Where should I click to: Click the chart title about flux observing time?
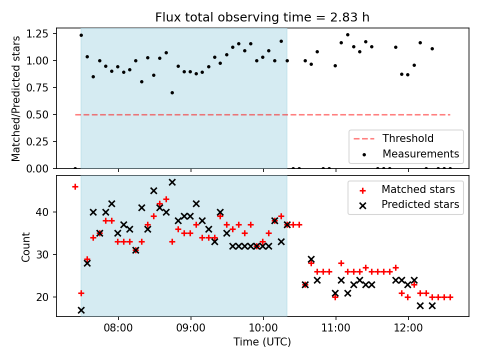pyautogui.click(x=262, y=17)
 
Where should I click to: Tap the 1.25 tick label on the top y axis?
pyautogui.click(x=37, y=33)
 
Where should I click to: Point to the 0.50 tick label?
pyautogui.click(x=37, y=114)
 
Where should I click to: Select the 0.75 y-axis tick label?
pyautogui.click(x=37, y=87)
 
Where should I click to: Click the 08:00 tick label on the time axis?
pyautogui.click(x=118, y=328)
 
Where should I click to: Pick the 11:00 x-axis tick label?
pyautogui.click(x=336, y=328)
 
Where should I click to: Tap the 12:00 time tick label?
pyautogui.click(x=408, y=328)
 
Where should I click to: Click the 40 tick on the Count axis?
pyautogui.click(x=42, y=212)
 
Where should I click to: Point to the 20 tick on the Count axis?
pyautogui.click(x=42, y=297)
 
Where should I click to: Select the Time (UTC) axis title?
pyautogui.click(x=262, y=341)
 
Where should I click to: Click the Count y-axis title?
pyautogui.click(x=25, y=246)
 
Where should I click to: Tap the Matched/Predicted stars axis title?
pyautogui.click(x=15, y=98)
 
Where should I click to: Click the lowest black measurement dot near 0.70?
pyautogui.click(x=172, y=93)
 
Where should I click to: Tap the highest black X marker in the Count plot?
pyautogui.click(x=172, y=182)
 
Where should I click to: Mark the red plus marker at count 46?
pyautogui.click(x=75, y=186)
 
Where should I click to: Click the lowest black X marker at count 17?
pyautogui.click(x=81, y=310)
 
